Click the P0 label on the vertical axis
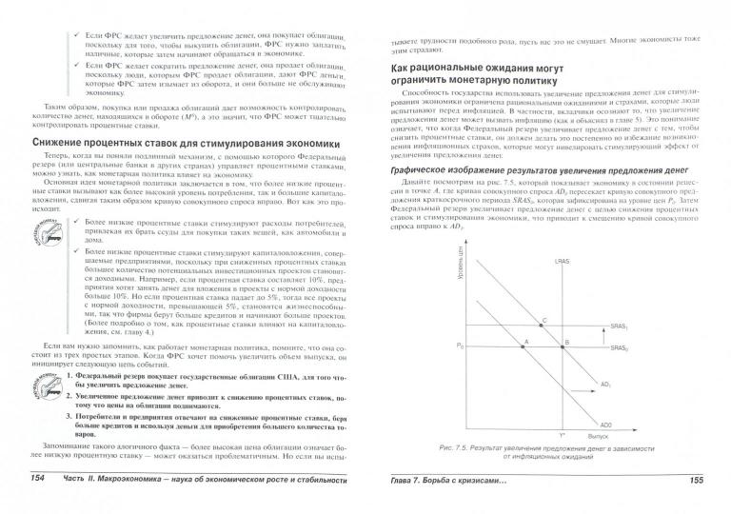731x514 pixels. [x=461, y=344]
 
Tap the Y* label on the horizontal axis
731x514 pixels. [x=563, y=434]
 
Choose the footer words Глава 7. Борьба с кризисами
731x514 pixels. [x=447, y=504]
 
